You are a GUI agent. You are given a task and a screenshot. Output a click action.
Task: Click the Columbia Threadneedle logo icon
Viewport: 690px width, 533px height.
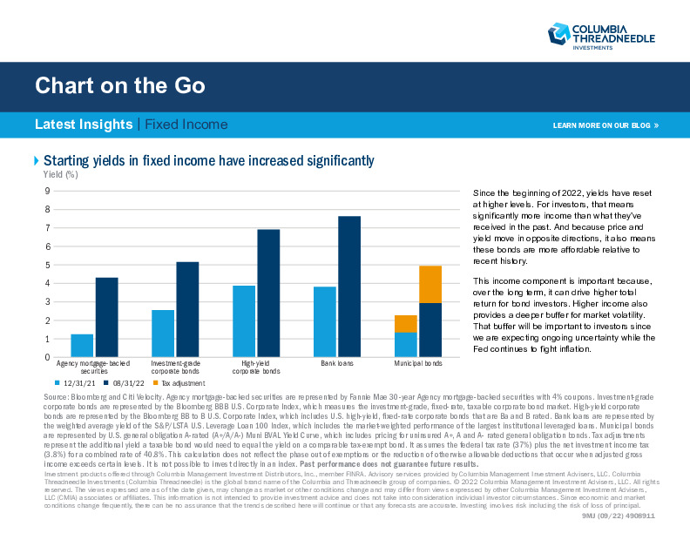pyautogui.click(x=558, y=34)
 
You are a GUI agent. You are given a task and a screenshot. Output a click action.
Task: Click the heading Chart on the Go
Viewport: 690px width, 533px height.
pyautogui.click(x=120, y=85)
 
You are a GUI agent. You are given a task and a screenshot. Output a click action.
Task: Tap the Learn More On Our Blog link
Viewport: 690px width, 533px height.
pyautogui.click(x=605, y=125)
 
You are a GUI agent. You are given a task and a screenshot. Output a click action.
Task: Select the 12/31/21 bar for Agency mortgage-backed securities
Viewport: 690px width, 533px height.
pyautogui.click(x=82, y=346)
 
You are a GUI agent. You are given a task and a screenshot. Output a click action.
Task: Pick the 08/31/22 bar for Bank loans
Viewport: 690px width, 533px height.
pyautogui.click(x=348, y=287)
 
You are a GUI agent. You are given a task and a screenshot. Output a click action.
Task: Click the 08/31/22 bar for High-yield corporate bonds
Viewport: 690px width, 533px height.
pyautogui.click(x=268, y=293)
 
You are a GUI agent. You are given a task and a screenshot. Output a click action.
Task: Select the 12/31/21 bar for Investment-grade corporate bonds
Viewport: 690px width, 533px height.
pyautogui.click(x=163, y=334)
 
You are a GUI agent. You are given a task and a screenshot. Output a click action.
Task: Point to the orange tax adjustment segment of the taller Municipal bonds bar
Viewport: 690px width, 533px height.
pyautogui.click(x=430, y=285)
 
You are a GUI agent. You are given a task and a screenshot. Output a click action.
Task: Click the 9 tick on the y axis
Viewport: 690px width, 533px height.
pyautogui.click(x=46, y=191)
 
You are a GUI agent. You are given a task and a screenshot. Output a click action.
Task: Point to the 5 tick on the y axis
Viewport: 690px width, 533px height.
pyautogui.click(x=46, y=265)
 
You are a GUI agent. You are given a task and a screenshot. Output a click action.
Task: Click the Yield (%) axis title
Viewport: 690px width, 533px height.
pyautogui.click(x=61, y=174)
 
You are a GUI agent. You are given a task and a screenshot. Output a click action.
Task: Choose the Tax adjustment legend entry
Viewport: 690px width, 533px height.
pyautogui.click(x=181, y=382)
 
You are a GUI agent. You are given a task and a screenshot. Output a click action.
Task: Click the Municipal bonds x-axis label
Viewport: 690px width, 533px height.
pyautogui.click(x=418, y=362)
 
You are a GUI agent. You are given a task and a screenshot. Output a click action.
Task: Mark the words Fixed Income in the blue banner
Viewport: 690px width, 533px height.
pyautogui.click(x=186, y=125)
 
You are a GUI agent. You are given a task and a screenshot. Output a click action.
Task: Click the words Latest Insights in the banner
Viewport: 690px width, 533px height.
pyautogui.click(x=84, y=125)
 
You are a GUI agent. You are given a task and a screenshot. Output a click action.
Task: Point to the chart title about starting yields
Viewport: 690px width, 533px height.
pyautogui.click(x=209, y=160)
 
